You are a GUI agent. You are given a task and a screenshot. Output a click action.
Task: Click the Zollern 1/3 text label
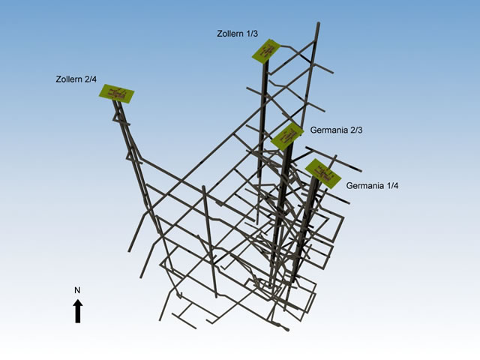click(x=238, y=33)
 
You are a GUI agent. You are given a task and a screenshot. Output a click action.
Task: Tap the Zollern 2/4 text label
click(x=76, y=79)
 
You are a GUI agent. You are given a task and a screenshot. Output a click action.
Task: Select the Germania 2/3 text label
click(x=337, y=130)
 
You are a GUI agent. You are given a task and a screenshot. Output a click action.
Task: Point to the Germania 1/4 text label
click(x=372, y=185)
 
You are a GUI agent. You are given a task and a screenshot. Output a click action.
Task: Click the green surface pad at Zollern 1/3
click(x=266, y=51)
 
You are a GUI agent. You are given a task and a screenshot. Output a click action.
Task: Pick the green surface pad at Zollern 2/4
click(x=117, y=94)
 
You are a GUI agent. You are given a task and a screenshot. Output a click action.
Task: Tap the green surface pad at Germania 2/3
click(x=287, y=136)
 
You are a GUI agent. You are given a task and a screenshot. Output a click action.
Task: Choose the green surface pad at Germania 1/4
click(x=323, y=173)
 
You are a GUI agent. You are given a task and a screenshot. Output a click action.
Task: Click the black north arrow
click(x=78, y=311)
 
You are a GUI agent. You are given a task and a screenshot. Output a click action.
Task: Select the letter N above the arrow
click(x=77, y=290)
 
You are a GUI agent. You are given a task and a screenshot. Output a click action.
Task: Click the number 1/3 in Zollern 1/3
click(x=252, y=33)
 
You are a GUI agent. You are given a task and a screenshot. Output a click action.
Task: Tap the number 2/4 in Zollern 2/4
click(x=91, y=79)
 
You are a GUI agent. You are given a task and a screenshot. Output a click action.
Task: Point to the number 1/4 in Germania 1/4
click(x=392, y=185)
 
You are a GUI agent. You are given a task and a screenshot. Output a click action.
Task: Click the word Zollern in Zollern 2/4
click(x=69, y=79)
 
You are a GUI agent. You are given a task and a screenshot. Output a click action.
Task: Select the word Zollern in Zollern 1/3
click(x=230, y=33)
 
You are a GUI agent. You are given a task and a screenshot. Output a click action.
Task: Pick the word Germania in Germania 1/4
click(x=365, y=185)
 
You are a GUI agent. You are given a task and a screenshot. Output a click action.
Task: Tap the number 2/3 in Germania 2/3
click(x=356, y=130)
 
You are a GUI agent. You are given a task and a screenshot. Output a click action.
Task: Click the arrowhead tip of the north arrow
click(x=78, y=299)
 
